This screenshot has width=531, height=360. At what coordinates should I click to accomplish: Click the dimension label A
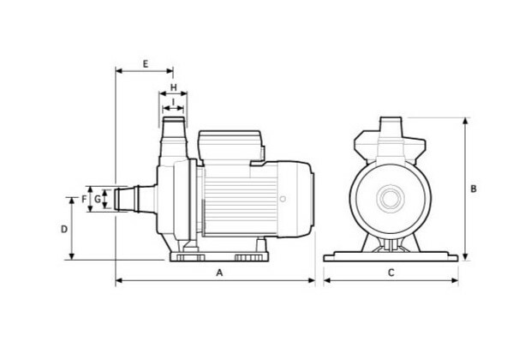point(220,273)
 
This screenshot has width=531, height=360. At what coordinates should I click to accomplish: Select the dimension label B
point(474,189)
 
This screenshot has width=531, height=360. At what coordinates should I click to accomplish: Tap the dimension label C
point(391,273)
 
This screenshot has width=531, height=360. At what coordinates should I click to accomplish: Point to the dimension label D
point(64,230)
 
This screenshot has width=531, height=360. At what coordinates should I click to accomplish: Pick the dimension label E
point(146,63)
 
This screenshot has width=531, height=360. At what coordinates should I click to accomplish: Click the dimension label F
point(84,199)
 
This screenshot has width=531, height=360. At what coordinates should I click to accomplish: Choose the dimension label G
point(98,199)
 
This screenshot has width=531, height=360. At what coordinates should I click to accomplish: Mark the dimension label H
point(173,87)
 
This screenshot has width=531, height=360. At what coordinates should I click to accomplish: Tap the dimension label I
point(173,102)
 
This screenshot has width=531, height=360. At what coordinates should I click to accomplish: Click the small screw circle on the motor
point(283,199)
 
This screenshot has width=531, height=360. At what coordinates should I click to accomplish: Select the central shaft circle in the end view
point(391,199)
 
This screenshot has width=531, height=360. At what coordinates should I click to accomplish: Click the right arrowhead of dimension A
point(312,280)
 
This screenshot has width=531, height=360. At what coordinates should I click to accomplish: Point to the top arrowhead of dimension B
point(466,121)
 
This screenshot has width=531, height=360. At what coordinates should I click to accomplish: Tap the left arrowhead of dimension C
point(327,280)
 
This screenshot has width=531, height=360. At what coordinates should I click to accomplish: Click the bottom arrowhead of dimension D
point(71,256)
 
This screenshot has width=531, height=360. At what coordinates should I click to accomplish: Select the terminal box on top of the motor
point(230,146)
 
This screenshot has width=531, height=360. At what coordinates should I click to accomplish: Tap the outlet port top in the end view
point(391,123)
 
